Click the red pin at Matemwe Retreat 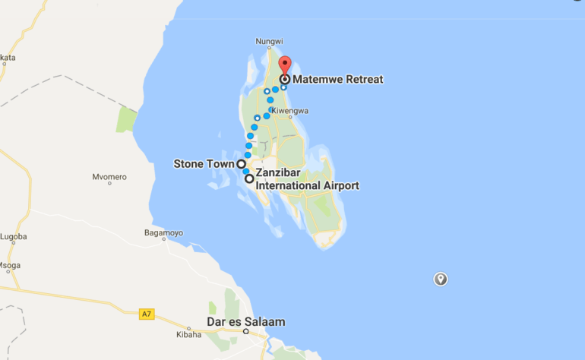pyautogui.click(x=284, y=64)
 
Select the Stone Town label pyautogui.click(x=204, y=163)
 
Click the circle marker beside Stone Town pyautogui.click(x=241, y=163)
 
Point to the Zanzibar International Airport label pyautogui.click(x=307, y=180)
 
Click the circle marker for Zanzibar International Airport pyautogui.click(x=249, y=179)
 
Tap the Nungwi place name pyautogui.click(x=269, y=43)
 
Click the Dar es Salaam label pyautogui.click(x=246, y=322)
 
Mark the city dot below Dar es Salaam pyautogui.click(x=245, y=332)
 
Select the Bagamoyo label pyautogui.click(x=163, y=232)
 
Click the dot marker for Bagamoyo pyautogui.click(x=163, y=241)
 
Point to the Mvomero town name pyautogui.click(x=109, y=176)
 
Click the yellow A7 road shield pyautogui.click(x=147, y=314)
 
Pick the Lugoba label pyautogui.click(x=13, y=237)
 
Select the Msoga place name pyautogui.click(x=10, y=265)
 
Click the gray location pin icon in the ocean pyautogui.click(x=440, y=279)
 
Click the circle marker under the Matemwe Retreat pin pyautogui.click(x=284, y=78)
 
